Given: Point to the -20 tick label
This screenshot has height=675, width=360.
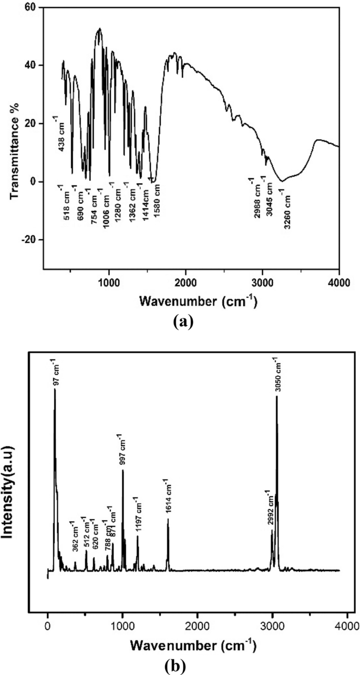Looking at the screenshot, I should (29, 240).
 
